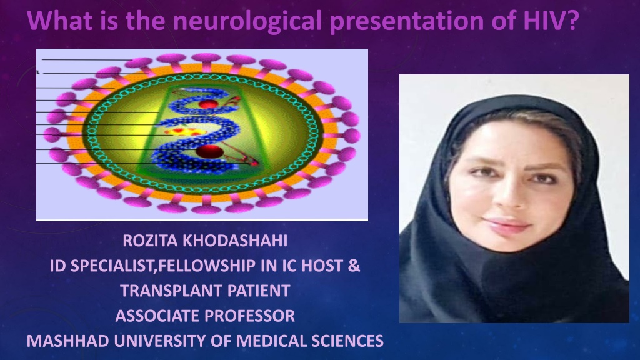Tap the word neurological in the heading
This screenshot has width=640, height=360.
(247, 22)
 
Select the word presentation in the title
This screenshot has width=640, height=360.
(407, 22)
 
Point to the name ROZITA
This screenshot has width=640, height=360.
(150, 241)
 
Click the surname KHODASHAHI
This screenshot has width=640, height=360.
(235, 241)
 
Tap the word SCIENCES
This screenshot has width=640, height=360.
(347, 341)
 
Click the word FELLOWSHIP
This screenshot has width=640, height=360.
(206, 266)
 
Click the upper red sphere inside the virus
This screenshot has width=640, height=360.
(208, 104)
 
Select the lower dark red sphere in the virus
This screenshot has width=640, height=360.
(209, 152)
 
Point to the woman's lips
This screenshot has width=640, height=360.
(507, 225)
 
